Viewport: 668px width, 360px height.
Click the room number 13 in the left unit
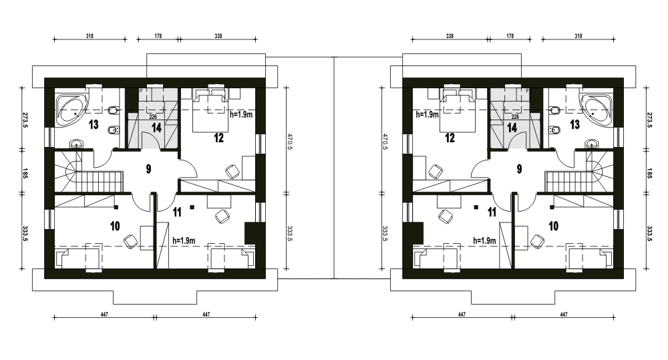coord(94,124)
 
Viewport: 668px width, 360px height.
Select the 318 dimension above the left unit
coord(90,36)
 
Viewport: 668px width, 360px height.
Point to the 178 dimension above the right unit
coord(510,36)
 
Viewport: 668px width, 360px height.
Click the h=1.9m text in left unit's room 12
coord(241,115)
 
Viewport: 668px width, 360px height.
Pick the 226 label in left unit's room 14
coord(153,117)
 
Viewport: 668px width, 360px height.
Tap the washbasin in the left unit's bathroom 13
coord(77,144)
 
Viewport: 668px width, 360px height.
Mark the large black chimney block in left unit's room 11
coord(250,233)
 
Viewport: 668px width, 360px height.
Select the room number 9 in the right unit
coord(519,169)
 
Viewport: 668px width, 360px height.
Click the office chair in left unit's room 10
coord(131,240)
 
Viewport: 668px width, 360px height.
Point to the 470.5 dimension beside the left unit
coord(290,142)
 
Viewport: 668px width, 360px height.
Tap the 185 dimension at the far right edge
coord(649,174)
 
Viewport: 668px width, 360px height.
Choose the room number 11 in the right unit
coord(492,212)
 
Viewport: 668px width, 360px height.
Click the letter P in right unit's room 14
coord(527,92)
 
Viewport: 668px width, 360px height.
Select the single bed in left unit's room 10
coord(77,259)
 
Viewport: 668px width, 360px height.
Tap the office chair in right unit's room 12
coord(436,172)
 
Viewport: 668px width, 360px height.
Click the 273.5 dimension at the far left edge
coord(24,121)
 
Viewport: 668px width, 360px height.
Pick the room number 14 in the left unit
coord(156,128)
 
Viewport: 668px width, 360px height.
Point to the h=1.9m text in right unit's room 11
coord(484,240)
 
